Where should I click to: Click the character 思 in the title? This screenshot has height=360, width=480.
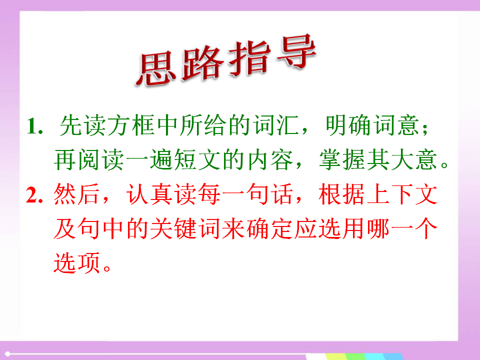156,69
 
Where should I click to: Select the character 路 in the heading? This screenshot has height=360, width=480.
202,63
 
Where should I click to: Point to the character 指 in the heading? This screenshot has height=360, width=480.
249,58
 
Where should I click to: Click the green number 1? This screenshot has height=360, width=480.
34,126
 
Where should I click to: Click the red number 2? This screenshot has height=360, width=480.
34,194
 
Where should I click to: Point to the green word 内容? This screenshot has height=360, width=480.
270,160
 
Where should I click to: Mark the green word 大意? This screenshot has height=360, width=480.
414,160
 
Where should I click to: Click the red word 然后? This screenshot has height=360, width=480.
76,194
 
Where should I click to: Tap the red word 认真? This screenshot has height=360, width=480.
149,194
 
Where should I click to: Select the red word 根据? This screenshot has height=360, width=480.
341,194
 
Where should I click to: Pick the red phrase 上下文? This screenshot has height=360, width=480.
401,194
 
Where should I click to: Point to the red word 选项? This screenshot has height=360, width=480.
76,262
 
